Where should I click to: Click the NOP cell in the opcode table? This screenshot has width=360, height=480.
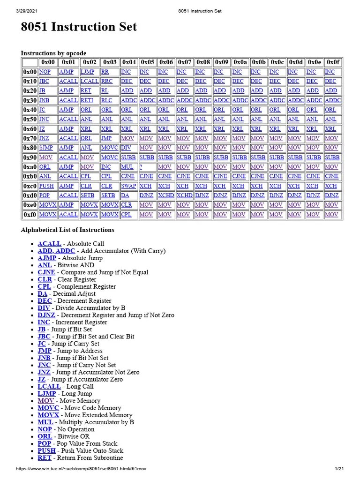click(x=45, y=72)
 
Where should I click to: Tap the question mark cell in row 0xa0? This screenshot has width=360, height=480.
click(x=141, y=166)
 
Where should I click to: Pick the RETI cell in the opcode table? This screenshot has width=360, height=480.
click(x=87, y=100)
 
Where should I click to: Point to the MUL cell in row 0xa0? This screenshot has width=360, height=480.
click(x=127, y=166)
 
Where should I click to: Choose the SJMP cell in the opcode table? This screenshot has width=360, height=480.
click(x=46, y=148)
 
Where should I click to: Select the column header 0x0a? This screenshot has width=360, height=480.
click(x=240, y=62)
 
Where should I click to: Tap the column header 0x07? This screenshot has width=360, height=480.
click(x=185, y=62)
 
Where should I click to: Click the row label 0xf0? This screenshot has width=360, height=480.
click(x=30, y=214)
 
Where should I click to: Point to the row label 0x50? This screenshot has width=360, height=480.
click(x=30, y=119)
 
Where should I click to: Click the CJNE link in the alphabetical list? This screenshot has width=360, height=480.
click(x=46, y=272)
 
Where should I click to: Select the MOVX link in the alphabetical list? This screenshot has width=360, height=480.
click(x=48, y=415)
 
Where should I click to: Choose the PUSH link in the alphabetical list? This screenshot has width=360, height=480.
click(x=46, y=450)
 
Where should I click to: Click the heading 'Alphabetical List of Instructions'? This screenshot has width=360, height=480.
click(x=67, y=230)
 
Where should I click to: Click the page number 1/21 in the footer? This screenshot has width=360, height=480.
click(x=339, y=469)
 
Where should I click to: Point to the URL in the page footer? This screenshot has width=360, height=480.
click(x=89, y=469)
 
